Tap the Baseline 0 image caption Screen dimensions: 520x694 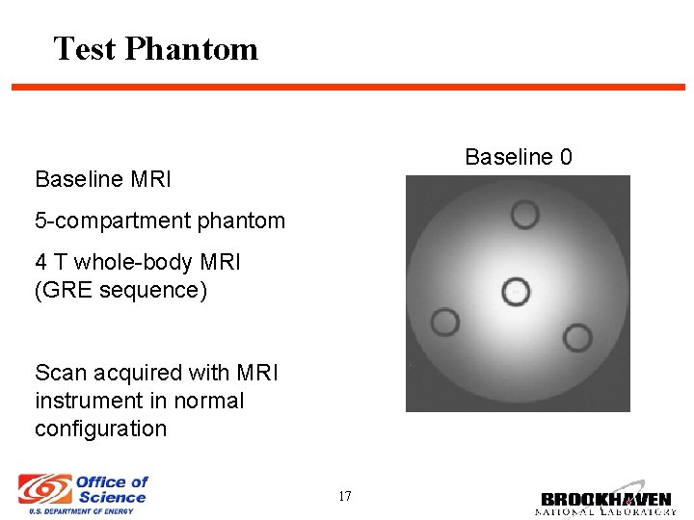pyautogui.click(x=518, y=157)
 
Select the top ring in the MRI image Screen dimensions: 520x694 pyautogui.click(x=524, y=214)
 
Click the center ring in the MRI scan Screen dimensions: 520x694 pyautogui.click(x=517, y=290)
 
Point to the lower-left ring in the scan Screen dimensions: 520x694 pyautogui.click(x=444, y=323)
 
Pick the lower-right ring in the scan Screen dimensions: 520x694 pyautogui.click(x=577, y=338)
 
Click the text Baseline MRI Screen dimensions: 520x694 pyautogui.click(x=103, y=179)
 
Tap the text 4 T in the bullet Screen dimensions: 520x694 pyautogui.click(x=51, y=262)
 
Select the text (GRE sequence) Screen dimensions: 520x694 pyautogui.click(x=120, y=290)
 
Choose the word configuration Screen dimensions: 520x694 pyautogui.click(x=100, y=429)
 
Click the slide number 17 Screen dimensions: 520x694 pyautogui.click(x=345, y=497)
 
